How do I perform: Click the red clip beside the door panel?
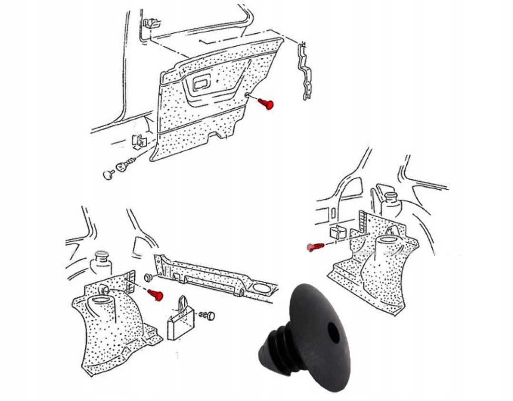(x=267, y=103)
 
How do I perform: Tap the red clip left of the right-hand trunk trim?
(x=315, y=247)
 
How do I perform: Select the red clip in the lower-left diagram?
(x=156, y=294)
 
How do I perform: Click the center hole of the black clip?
(x=334, y=333)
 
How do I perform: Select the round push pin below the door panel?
(x=108, y=175)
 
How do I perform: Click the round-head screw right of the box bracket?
(x=208, y=315)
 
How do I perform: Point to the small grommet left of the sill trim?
(x=147, y=277)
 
